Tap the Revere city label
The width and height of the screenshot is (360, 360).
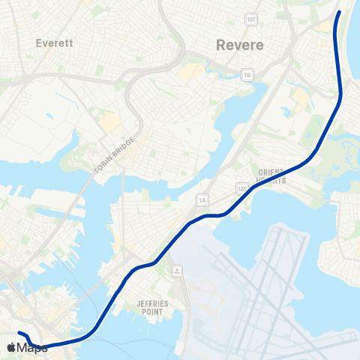[x=240, y=45]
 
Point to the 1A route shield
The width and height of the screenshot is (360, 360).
[x=202, y=199]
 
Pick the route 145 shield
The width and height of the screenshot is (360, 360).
[x=241, y=185]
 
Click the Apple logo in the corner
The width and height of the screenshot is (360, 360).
[x=11, y=347]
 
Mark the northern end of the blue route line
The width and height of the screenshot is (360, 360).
[x=340, y=12]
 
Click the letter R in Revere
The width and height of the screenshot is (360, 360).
[x=220, y=45]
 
